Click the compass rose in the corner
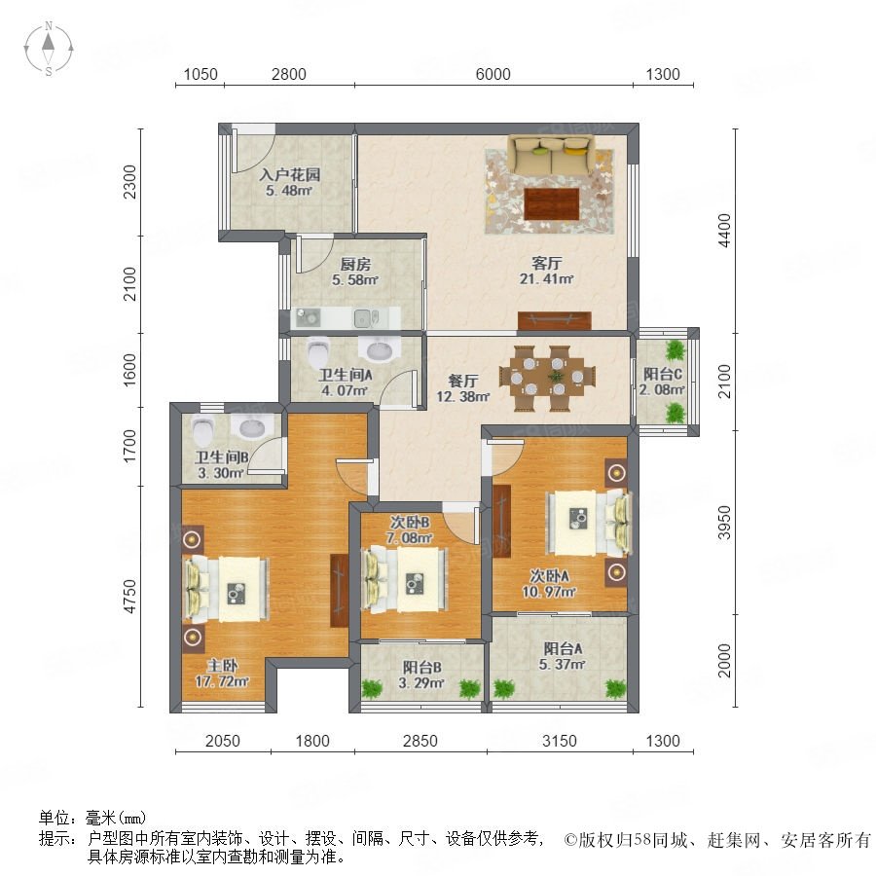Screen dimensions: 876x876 point(49,49)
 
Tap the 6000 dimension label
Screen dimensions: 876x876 point(493,74)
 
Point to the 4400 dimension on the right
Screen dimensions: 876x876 point(724,230)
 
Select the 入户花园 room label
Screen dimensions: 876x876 point(290,174)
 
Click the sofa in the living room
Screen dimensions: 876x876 point(552,154)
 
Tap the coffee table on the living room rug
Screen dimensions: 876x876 point(552,204)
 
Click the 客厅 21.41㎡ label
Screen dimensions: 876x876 point(546,271)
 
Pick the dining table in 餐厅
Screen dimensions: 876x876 point(547,379)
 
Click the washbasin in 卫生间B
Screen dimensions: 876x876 point(256,427)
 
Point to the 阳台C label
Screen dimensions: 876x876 point(662,374)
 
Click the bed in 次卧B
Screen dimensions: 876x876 point(406,579)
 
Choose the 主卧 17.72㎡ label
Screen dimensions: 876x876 point(222,674)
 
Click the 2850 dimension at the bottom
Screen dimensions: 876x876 point(420,741)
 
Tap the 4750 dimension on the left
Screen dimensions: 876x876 point(129,596)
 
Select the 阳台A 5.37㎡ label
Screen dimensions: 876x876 point(562,656)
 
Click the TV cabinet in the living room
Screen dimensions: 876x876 point(554,320)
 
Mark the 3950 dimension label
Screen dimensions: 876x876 point(724,523)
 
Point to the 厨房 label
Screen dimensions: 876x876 point(355,264)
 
